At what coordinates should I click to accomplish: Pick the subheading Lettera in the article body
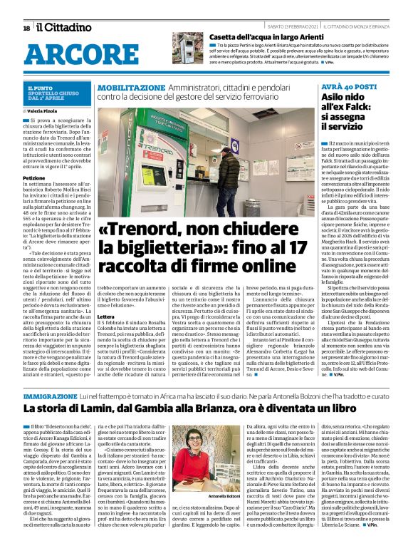point(105,316)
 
